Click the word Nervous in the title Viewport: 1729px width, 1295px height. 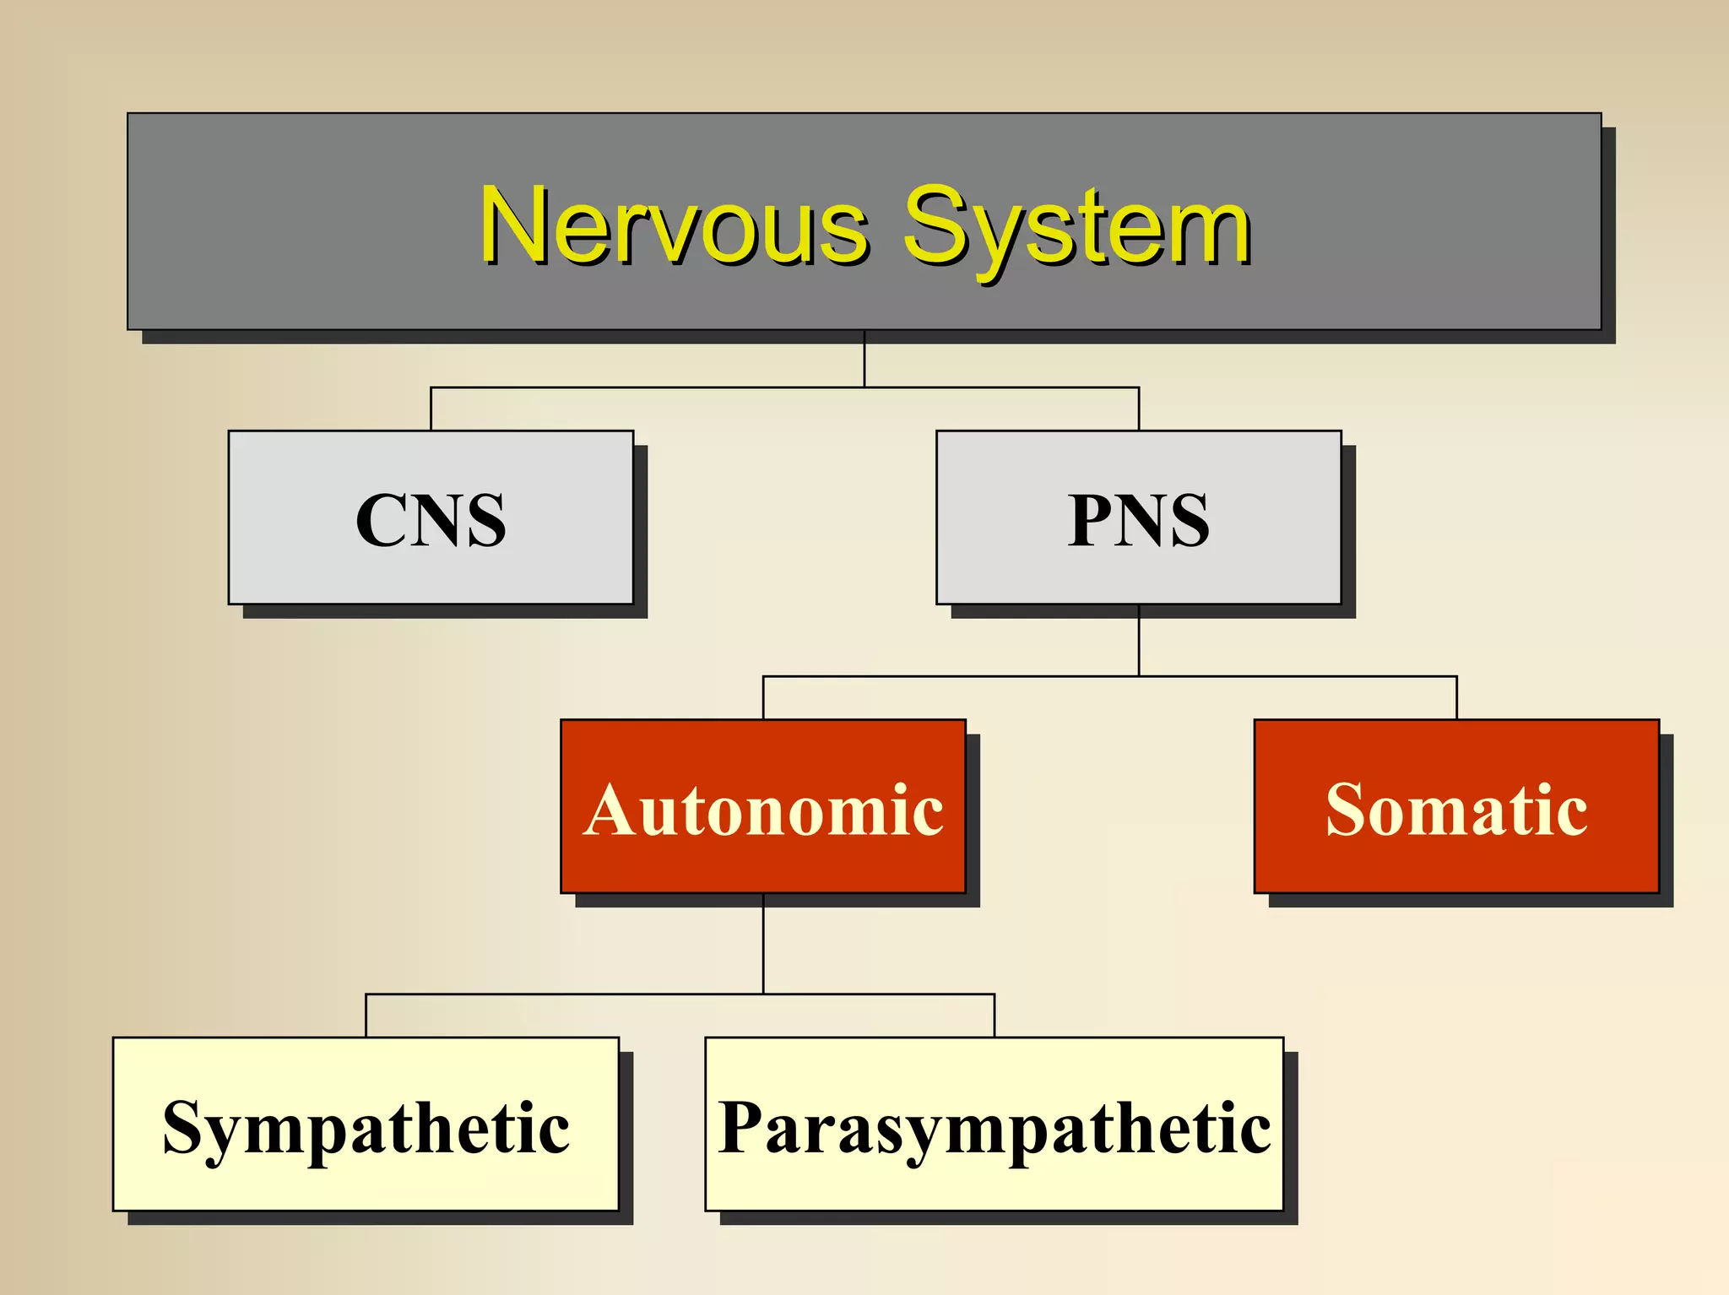[674, 226]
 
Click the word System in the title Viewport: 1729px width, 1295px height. [1077, 226]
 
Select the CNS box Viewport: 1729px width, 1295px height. [431, 517]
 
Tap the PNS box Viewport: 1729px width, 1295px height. [1138, 517]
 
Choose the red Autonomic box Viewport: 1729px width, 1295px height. [763, 806]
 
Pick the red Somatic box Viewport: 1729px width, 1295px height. [1456, 806]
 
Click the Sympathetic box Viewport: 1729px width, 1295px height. [366, 1124]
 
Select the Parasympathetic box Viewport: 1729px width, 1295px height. [994, 1124]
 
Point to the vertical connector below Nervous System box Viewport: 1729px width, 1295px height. [864, 359]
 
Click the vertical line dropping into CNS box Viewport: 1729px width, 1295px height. [431, 409]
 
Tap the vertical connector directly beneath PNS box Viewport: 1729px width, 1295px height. [1139, 640]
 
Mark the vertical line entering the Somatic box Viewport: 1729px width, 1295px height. [1456, 698]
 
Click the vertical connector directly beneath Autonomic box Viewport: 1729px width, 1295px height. [763, 943]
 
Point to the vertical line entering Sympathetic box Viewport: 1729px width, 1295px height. [366, 1016]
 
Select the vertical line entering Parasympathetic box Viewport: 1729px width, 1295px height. [995, 1016]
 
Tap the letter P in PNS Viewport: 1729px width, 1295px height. [1092, 521]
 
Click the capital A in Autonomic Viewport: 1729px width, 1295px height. [614, 810]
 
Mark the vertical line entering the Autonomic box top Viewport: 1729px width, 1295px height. [763, 698]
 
